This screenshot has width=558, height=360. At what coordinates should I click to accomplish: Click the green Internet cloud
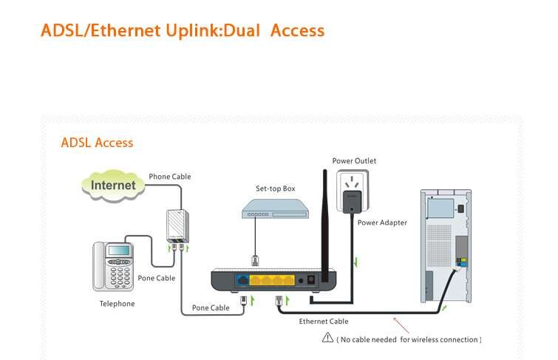click(x=113, y=185)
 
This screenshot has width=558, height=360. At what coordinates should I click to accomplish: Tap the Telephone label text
click(x=118, y=304)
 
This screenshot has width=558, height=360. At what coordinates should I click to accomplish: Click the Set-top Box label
click(x=275, y=189)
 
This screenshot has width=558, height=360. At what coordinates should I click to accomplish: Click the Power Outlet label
click(x=354, y=161)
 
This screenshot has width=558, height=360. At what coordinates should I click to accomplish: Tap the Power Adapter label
click(x=382, y=223)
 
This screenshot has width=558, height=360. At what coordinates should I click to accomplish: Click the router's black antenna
click(x=324, y=222)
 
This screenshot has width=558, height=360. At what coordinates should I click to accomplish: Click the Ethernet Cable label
click(x=324, y=322)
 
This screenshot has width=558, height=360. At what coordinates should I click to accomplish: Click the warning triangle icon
click(x=327, y=338)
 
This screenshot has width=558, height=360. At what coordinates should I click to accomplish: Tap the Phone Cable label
click(x=170, y=177)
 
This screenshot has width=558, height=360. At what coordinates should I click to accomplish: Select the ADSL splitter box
click(x=177, y=225)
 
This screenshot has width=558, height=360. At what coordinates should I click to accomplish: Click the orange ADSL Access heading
click(x=97, y=143)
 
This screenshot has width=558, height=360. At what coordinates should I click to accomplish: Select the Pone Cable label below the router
click(x=211, y=308)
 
